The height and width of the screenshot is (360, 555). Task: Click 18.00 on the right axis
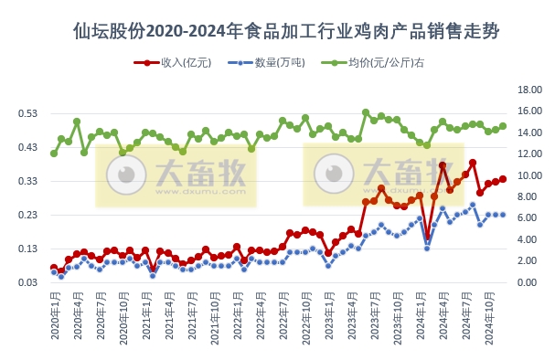point(531,90)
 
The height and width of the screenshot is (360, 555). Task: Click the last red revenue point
point(503,179)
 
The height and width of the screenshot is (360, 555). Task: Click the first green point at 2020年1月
point(54,154)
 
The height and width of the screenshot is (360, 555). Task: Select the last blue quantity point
point(503,215)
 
